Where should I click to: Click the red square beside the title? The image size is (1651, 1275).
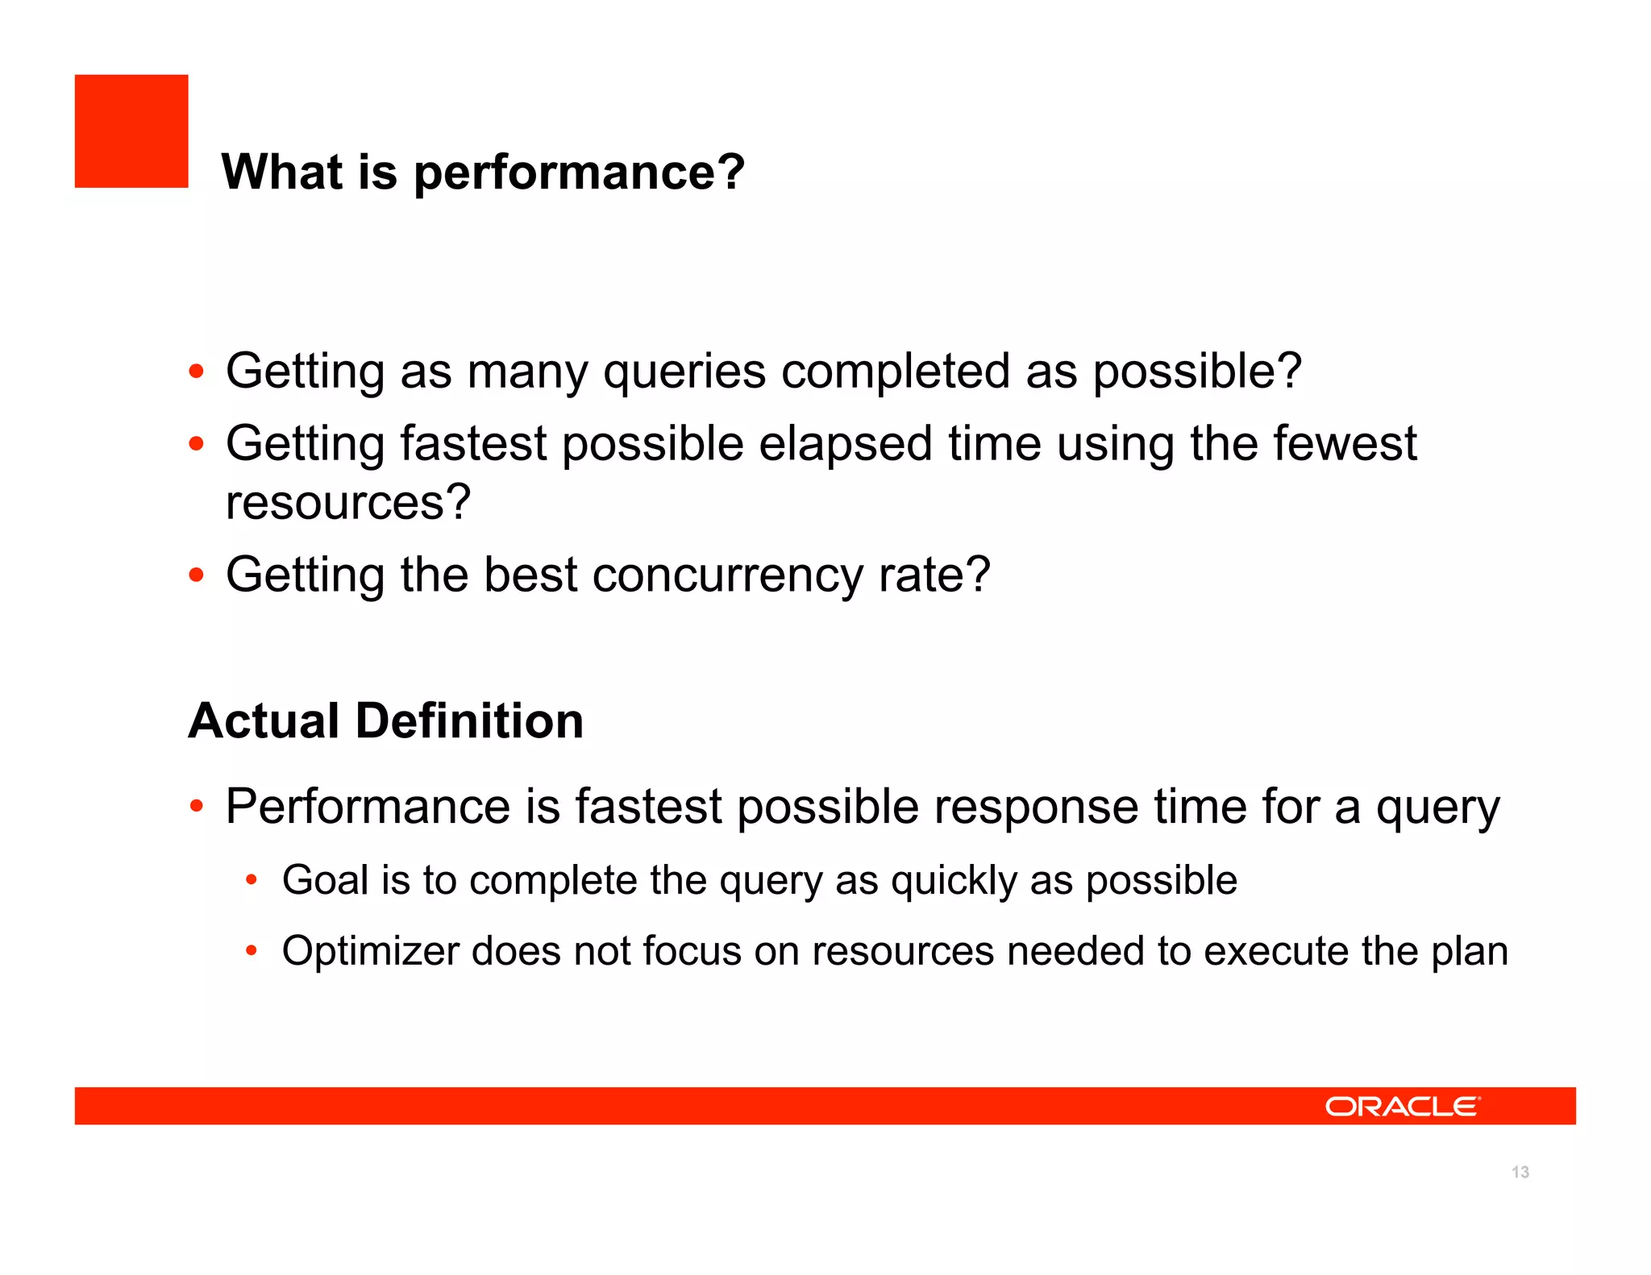click(x=131, y=131)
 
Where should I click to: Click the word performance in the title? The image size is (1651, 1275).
click(x=579, y=172)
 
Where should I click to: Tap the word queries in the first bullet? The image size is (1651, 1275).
click(x=684, y=372)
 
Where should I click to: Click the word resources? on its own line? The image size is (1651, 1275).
click(x=347, y=503)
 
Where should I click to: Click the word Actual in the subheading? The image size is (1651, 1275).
click(x=263, y=721)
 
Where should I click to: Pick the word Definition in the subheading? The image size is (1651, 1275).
click(x=469, y=721)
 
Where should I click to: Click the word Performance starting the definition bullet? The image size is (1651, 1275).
click(x=368, y=807)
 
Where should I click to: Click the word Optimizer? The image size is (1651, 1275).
click(x=370, y=951)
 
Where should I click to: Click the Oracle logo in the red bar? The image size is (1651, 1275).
click(x=1402, y=1107)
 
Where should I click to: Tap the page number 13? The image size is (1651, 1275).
click(x=1520, y=1172)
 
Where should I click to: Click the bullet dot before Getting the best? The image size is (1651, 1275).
click(x=196, y=575)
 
